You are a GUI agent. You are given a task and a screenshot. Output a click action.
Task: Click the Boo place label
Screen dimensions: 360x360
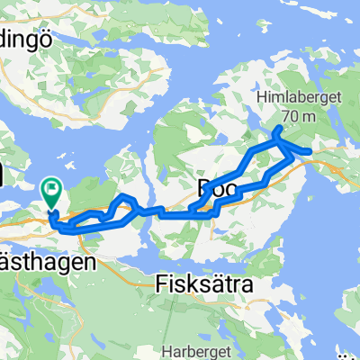click(x=209, y=188)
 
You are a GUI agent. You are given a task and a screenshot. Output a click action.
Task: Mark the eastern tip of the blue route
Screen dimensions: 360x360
click(x=311, y=150)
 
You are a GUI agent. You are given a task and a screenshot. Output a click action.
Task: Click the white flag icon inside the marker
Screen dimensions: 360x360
click(x=52, y=189)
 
